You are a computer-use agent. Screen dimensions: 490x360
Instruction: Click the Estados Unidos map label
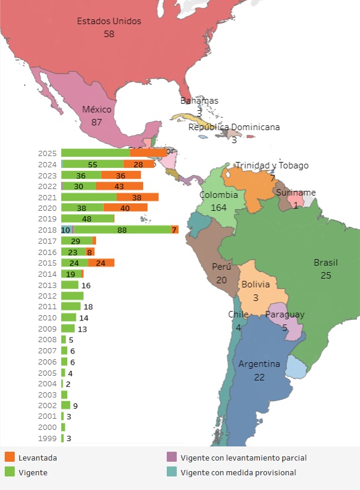(x=109, y=21)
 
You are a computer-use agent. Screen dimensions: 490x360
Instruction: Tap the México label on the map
(x=97, y=110)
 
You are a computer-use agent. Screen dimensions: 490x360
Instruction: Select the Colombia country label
(x=219, y=195)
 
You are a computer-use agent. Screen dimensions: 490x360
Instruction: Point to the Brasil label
(x=326, y=263)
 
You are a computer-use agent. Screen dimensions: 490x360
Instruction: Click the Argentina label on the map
(x=259, y=364)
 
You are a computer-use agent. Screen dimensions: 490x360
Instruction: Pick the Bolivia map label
(x=256, y=285)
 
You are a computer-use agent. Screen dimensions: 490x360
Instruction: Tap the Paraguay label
(x=285, y=314)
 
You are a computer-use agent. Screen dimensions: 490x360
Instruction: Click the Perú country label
(x=222, y=267)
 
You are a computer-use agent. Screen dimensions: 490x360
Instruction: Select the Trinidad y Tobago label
(x=272, y=165)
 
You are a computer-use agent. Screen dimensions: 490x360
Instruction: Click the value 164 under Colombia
(x=219, y=207)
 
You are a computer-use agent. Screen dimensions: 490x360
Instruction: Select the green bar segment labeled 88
(x=122, y=230)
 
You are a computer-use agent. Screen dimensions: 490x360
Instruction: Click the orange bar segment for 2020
(x=125, y=208)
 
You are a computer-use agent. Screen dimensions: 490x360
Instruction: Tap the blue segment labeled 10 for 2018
(x=66, y=230)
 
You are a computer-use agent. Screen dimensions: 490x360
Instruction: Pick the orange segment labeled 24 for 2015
(x=101, y=263)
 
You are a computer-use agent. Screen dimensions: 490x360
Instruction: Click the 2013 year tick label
(x=47, y=285)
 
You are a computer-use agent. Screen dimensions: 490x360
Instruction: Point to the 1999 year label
(x=47, y=438)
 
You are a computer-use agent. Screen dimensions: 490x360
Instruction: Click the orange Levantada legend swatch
(x=9, y=458)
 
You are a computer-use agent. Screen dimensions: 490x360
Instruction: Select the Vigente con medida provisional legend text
(x=238, y=472)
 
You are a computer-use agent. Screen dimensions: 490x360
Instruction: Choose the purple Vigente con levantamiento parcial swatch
(x=172, y=458)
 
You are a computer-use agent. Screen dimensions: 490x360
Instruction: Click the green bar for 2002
(x=65, y=405)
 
